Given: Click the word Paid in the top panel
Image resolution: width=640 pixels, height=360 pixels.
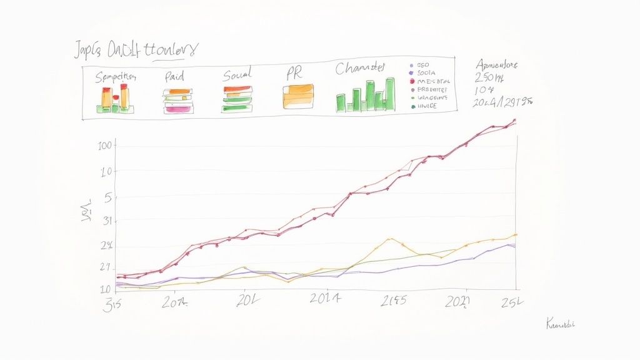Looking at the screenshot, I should click(175, 77).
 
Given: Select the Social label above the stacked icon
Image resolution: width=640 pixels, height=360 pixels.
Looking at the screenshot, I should click(237, 76).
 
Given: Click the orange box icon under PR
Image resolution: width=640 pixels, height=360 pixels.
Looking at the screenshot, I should click(297, 97).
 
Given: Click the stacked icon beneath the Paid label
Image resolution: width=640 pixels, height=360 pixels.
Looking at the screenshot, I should click(177, 101).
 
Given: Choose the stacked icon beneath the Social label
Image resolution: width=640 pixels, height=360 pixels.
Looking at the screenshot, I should click(237, 99).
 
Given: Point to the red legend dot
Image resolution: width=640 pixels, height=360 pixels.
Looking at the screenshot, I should click(412, 81).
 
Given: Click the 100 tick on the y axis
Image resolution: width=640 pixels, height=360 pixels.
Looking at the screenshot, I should click(104, 146).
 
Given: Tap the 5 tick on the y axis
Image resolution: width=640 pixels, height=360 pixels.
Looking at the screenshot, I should click(107, 197).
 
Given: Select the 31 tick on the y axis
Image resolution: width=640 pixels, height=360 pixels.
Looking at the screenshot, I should click(106, 221).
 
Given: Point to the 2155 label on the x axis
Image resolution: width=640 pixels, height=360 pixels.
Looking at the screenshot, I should click(394, 301).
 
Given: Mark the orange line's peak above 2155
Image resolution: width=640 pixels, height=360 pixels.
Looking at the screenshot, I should click(390, 239).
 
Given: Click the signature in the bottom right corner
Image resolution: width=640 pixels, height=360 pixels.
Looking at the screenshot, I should click(560, 324).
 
